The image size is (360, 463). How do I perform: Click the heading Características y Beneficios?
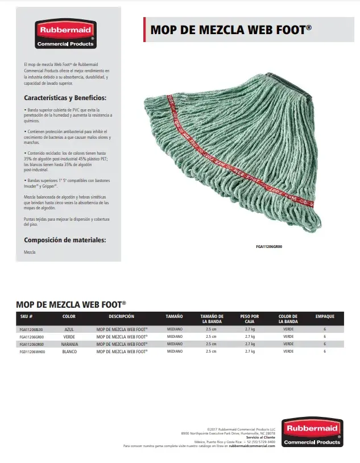(65, 97)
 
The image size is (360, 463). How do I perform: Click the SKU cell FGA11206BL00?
(31, 329)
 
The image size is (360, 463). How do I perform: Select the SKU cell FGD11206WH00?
(32, 352)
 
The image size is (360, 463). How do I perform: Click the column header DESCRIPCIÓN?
(122, 316)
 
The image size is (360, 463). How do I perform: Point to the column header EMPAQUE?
(325, 316)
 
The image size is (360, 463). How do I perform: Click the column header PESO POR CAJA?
(250, 319)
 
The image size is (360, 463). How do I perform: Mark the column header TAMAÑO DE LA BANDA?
(212, 319)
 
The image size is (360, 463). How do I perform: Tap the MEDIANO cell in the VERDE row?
(175, 337)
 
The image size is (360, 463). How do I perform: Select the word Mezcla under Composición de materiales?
(30, 251)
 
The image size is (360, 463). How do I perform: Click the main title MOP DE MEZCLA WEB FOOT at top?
(230, 30)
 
